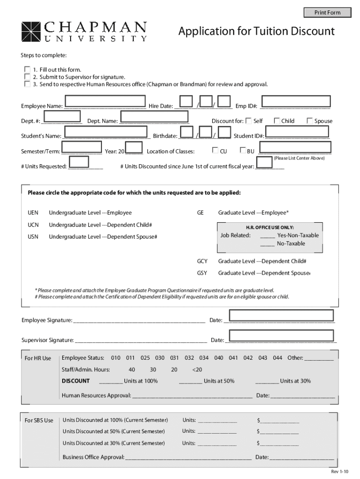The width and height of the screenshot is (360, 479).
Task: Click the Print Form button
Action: [327, 13]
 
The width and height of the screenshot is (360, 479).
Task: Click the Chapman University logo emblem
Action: [31, 32]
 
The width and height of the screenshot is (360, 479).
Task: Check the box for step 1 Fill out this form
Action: [27, 69]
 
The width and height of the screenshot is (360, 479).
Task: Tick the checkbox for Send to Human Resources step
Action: [27, 84]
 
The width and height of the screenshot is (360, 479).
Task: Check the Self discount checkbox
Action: [248, 121]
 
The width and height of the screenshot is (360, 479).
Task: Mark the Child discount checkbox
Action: [276, 121]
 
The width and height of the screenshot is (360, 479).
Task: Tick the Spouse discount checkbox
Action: [310, 121]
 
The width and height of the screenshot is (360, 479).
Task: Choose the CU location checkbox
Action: [215, 151]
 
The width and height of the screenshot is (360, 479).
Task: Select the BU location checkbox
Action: [243, 151]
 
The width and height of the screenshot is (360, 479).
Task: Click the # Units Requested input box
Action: [79, 162]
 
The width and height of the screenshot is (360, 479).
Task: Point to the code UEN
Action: [33, 213]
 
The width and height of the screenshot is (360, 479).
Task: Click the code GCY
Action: [202, 261]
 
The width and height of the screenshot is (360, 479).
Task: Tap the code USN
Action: [33, 237]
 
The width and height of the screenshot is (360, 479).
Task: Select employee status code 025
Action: [145, 358]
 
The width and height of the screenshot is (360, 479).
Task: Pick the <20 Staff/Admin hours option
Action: [197, 370]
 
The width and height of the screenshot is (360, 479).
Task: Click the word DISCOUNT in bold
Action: [76, 381]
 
